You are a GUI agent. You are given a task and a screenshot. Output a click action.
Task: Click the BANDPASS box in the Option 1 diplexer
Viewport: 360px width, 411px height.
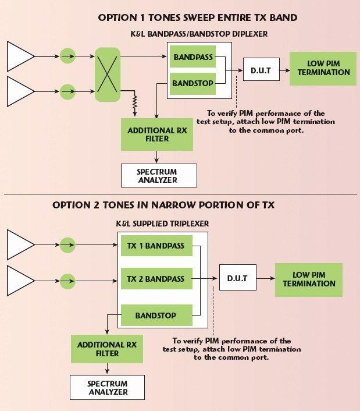pos(193,58)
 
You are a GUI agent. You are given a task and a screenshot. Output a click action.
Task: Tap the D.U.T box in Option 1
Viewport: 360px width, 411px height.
pos(261,70)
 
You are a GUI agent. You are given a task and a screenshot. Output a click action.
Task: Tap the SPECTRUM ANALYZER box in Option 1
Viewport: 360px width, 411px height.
pos(159,175)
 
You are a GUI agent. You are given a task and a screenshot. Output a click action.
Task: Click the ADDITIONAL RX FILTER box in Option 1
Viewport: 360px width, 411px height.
pos(156,134)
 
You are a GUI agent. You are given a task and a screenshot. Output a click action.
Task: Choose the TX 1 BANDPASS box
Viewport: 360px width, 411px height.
pos(155,246)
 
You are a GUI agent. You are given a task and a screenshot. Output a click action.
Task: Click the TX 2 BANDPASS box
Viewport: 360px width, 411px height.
pos(155,279)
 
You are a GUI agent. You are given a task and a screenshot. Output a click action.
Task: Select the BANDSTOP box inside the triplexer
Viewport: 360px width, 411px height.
pos(155,316)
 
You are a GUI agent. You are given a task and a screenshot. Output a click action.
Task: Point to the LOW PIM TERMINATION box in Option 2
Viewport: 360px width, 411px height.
pos(309,279)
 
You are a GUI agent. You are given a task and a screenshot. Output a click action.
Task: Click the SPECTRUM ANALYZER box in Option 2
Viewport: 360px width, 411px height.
pos(108,388)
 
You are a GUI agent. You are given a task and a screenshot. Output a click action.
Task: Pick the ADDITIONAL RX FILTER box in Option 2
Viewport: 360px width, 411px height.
pos(106,349)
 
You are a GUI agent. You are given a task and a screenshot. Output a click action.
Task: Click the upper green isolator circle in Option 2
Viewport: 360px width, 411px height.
pos(69,245)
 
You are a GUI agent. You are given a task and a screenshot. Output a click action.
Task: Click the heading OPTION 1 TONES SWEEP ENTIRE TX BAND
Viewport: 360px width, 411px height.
pos(198,17)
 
